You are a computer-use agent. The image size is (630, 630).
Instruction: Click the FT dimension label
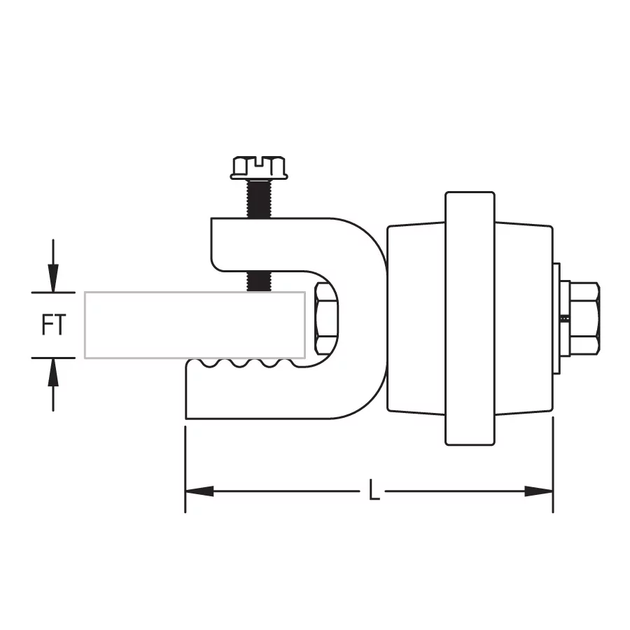tap(53, 325)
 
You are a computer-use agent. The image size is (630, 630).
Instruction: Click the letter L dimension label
tap(374, 490)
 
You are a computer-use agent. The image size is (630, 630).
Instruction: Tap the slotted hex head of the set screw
tap(259, 167)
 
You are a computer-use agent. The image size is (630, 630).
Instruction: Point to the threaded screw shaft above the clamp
tap(259, 199)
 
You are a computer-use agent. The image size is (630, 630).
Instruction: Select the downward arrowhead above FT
tap(53, 278)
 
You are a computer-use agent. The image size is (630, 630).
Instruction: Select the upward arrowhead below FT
tap(53, 372)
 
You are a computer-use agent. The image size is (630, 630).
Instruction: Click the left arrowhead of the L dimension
tap(199, 491)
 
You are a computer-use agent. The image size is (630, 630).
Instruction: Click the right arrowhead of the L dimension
tap(539, 491)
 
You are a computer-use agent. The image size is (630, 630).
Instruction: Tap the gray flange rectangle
tap(195, 325)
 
